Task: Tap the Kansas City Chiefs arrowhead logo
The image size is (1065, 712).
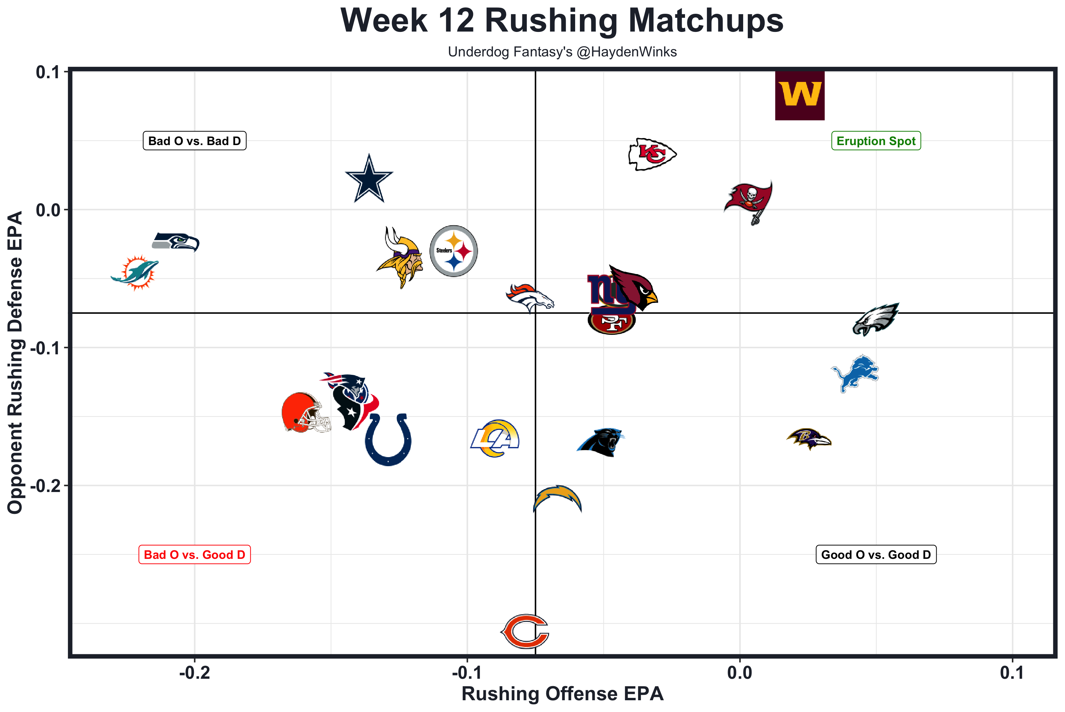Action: tap(652, 154)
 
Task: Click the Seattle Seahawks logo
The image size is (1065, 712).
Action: tap(175, 241)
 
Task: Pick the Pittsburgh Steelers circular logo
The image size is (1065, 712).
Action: tap(453, 251)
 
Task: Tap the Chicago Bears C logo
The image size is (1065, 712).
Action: tap(525, 631)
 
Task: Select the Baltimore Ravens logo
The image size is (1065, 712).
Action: tap(808, 439)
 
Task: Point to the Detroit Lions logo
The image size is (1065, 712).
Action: tap(855, 373)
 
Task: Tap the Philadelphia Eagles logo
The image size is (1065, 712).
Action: tap(875, 319)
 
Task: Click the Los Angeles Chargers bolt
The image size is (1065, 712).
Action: tap(557, 498)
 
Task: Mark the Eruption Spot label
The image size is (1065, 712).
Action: tap(876, 141)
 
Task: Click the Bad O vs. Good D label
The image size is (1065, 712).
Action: tap(195, 554)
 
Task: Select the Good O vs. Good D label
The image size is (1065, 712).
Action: tap(876, 554)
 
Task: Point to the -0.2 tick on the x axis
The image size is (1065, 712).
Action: tap(195, 672)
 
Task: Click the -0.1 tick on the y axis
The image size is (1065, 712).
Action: tap(45, 348)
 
